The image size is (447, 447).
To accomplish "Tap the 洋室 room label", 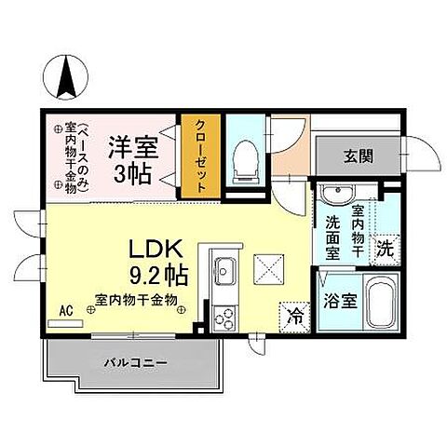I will pyautogui.click(x=132, y=146).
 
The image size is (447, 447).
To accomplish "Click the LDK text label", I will pyautogui.click(x=163, y=251).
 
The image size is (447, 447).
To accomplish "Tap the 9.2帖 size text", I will pyautogui.click(x=163, y=276).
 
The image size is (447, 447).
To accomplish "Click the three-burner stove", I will pyautogui.click(x=224, y=318).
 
